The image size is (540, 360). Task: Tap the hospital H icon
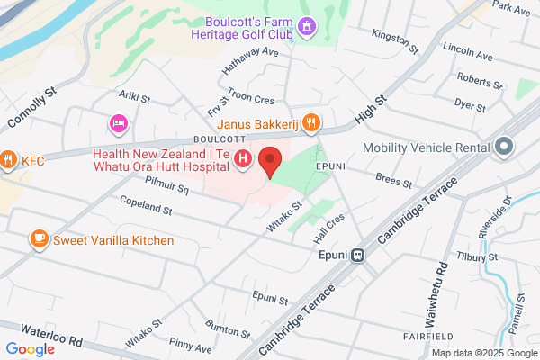point(243,160)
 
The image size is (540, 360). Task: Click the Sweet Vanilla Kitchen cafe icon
point(39,239)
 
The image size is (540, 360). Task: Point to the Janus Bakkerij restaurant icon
point(310,121)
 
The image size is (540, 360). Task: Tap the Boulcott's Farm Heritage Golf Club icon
point(307,26)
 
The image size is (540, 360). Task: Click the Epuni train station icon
point(357,255)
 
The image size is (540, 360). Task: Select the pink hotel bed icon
point(118,121)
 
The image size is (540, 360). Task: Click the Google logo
point(30,349)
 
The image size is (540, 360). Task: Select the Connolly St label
point(31,106)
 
